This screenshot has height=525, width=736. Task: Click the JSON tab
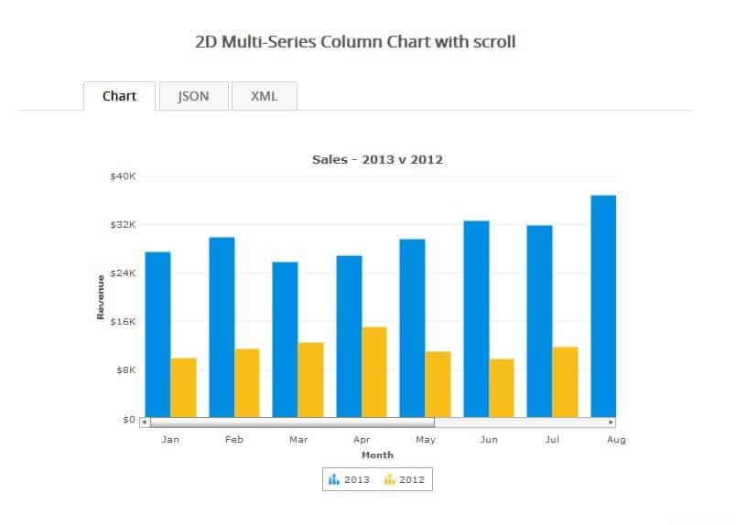193,96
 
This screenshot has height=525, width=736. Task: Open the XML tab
265,96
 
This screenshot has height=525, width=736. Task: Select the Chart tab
120,96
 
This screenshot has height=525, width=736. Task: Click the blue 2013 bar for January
157,334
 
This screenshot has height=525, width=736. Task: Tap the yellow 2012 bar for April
374,371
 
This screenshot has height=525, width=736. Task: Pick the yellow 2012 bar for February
247,382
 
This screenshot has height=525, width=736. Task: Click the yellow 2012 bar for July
565,381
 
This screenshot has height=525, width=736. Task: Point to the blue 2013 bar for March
285,339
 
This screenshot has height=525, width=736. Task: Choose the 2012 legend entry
404,479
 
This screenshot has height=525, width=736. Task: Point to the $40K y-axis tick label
123,176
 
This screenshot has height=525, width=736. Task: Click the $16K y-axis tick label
123,321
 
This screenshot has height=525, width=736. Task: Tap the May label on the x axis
425,440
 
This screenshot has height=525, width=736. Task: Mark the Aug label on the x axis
616,440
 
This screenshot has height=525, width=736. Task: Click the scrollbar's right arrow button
612,423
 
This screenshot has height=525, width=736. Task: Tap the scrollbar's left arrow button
145,423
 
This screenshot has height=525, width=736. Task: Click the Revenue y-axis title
101,296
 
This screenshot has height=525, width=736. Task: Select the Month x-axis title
377,455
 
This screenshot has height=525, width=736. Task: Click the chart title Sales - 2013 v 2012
377,159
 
